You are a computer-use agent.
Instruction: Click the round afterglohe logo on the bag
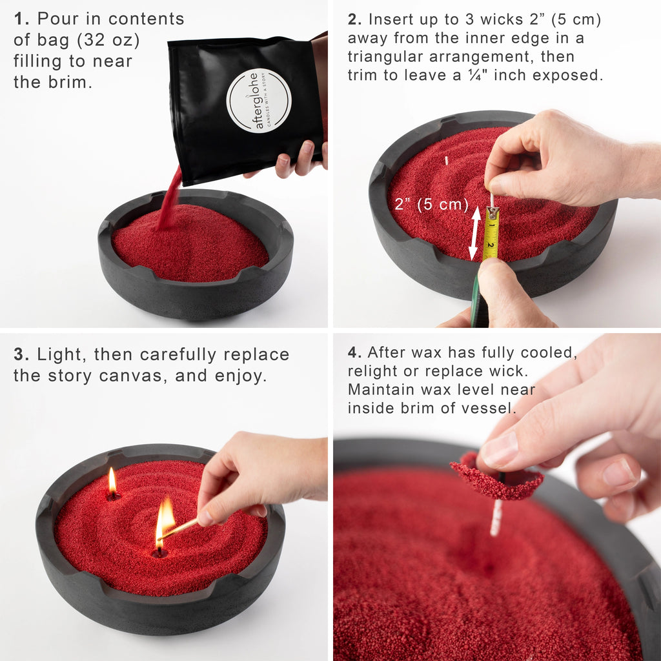[x=259, y=100]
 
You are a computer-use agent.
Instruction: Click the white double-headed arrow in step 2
[x=474, y=233]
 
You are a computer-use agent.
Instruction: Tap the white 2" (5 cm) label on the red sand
[x=431, y=205]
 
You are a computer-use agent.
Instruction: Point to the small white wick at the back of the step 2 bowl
[x=446, y=160]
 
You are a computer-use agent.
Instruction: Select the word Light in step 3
[x=62, y=354]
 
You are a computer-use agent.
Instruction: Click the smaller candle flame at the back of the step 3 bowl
[x=112, y=482]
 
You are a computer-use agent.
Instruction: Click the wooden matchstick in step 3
[x=181, y=529]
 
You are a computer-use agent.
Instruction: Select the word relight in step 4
[x=372, y=371]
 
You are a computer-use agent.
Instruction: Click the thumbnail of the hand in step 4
[x=499, y=449]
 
